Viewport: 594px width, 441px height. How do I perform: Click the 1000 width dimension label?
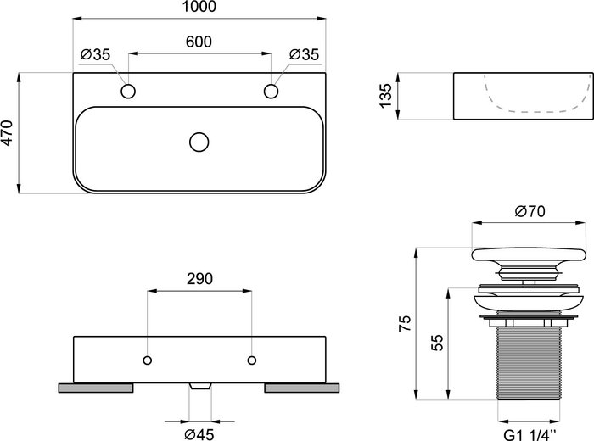(x=199, y=7)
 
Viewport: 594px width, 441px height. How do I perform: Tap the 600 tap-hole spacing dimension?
(x=199, y=42)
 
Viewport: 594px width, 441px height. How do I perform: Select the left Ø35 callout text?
(x=95, y=54)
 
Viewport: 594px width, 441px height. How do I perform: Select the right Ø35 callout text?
(x=304, y=54)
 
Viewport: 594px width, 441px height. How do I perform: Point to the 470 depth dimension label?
(x=7, y=132)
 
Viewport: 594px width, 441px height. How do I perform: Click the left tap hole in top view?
(x=128, y=92)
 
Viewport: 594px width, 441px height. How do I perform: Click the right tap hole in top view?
(x=271, y=92)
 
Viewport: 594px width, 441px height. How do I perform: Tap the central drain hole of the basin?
(x=199, y=142)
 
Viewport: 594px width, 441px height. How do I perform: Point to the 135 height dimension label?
(x=385, y=96)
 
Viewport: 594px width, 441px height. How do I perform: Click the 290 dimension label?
(x=199, y=279)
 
